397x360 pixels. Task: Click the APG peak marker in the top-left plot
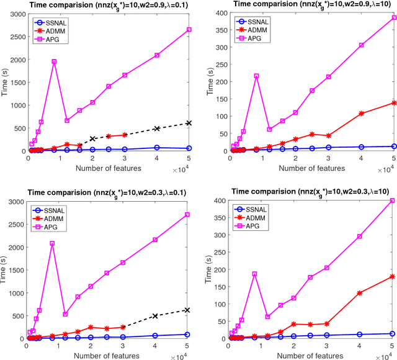tap(54, 61)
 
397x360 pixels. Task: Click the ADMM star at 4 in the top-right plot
tap(362, 114)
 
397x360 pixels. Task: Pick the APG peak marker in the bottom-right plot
tap(254, 274)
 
